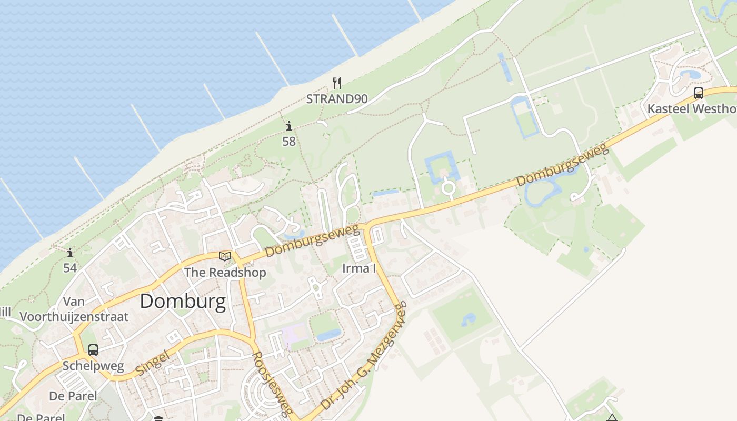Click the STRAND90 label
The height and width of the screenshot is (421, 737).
tap(337, 98)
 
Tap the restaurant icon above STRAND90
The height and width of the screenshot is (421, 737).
tap(337, 83)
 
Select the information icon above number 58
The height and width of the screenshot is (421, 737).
tap(289, 126)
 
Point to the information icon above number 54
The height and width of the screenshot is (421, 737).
tap(70, 253)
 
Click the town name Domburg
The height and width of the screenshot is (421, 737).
tap(183, 302)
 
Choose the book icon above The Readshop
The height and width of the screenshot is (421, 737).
tap(225, 257)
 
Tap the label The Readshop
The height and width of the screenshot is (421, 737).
tap(225, 272)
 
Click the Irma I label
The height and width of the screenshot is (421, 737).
tap(359, 268)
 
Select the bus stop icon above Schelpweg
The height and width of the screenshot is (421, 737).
tap(93, 349)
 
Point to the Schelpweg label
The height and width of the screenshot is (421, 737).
tap(93, 366)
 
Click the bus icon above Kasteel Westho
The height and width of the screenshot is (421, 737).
tap(699, 93)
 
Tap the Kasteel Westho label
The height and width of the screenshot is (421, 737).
tap(691, 109)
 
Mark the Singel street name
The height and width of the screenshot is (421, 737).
tap(152, 363)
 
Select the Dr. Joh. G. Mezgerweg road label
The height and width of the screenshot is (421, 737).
tap(364, 356)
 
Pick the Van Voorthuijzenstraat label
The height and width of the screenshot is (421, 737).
tap(74, 309)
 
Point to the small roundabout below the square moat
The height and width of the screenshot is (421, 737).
tap(449, 187)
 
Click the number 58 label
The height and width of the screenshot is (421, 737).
tap(289, 141)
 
